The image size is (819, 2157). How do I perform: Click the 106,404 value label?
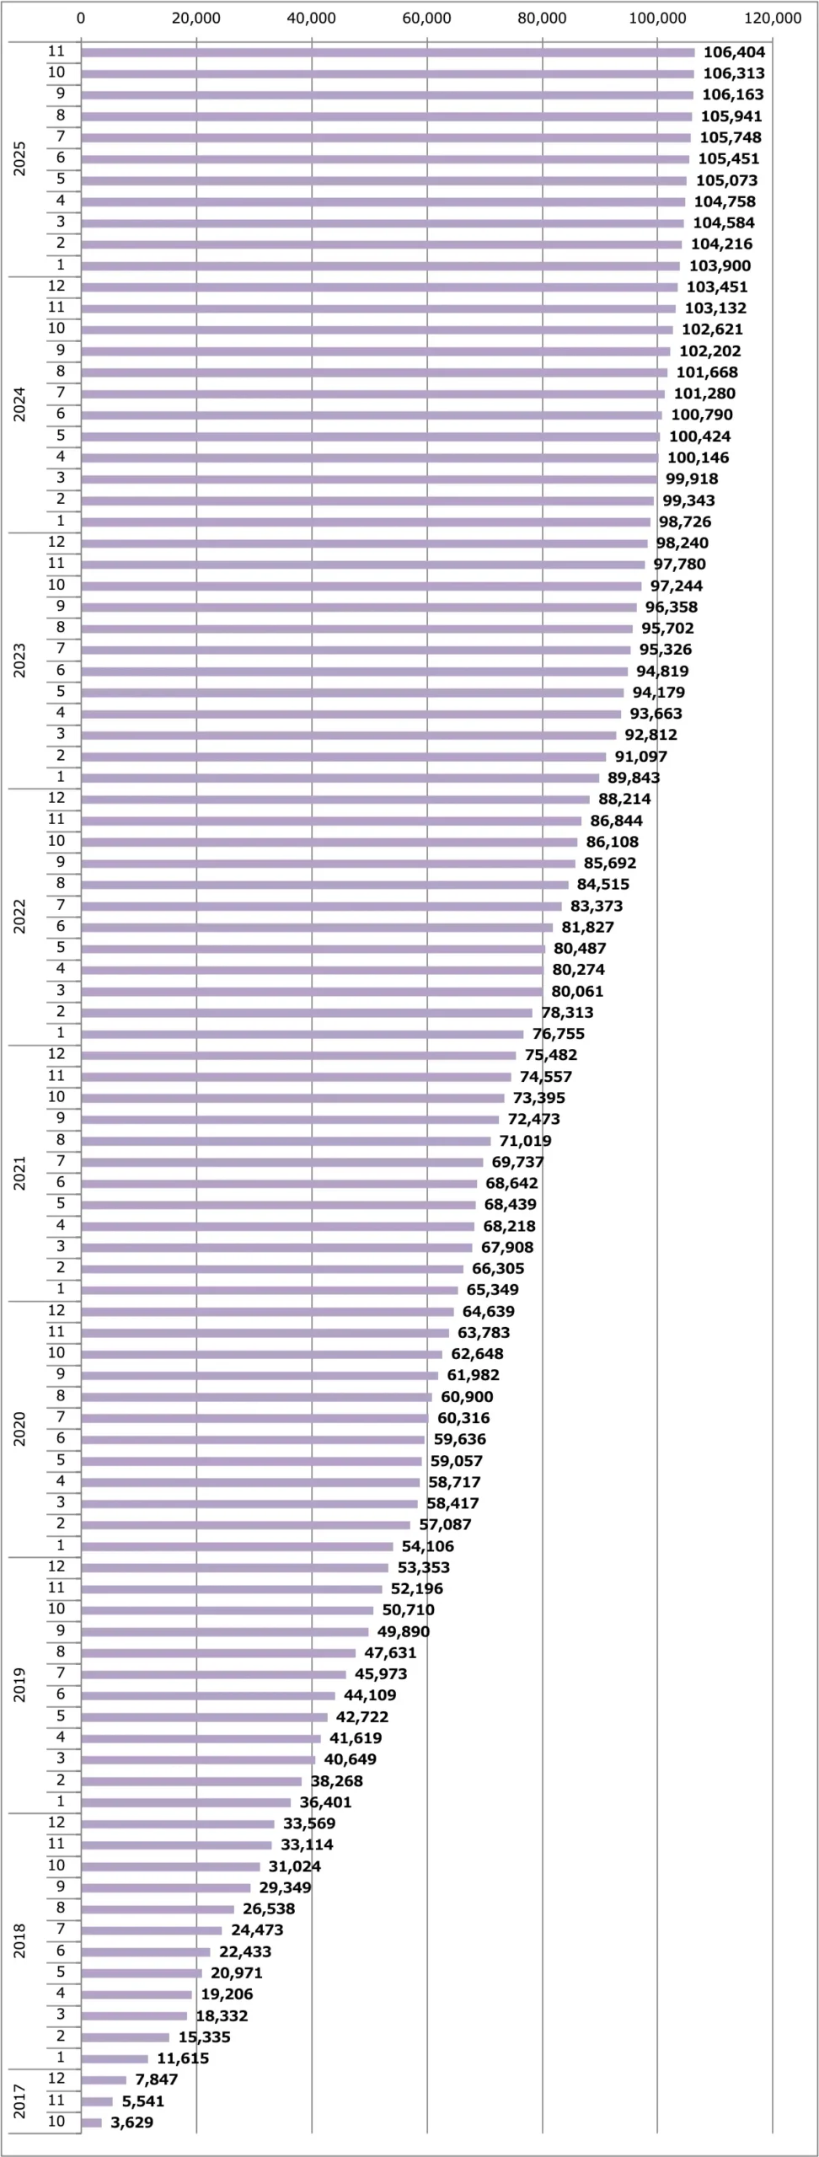click(x=734, y=52)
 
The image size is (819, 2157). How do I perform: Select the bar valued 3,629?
click(x=91, y=2122)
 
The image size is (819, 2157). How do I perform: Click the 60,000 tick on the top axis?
click(x=426, y=19)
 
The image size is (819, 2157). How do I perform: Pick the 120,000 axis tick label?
click(x=773, y=19)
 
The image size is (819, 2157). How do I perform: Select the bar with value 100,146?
click(x=369, y=458)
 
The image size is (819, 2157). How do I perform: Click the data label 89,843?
click(x=634, y=778)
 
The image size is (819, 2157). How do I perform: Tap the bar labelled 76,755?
click(x=302, y=1034)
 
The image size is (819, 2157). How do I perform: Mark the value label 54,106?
click(x=427, y=1546)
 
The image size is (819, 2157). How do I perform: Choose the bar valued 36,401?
click(x=185, y=1802)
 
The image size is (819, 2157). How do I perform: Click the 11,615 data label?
click(x=183, y=2058)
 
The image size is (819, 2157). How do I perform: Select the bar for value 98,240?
click(x=364, y=543)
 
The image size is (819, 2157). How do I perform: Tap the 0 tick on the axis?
click(x=81, y=19)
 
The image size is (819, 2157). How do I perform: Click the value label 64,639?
click(x=488, y=1311)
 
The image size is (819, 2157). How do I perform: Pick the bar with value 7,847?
click(x=104, y=2079)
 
